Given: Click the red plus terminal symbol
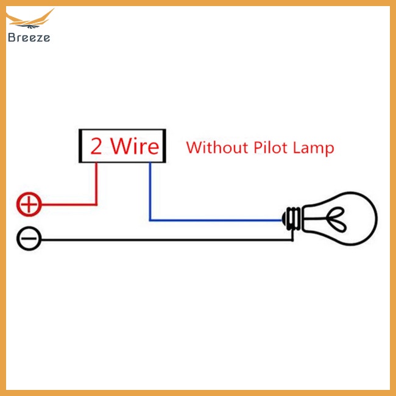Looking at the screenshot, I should (29, 204).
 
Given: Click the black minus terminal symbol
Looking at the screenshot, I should (29, 239).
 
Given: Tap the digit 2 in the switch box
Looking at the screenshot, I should (96, 147).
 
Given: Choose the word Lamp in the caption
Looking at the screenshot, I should (314, 148).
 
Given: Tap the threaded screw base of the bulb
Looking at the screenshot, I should (292, 219).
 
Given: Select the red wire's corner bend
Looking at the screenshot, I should (96, 204).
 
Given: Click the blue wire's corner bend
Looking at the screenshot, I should (150, 219).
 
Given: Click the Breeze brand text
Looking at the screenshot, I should (29, 37).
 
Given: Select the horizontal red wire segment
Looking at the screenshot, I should (67, 204).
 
